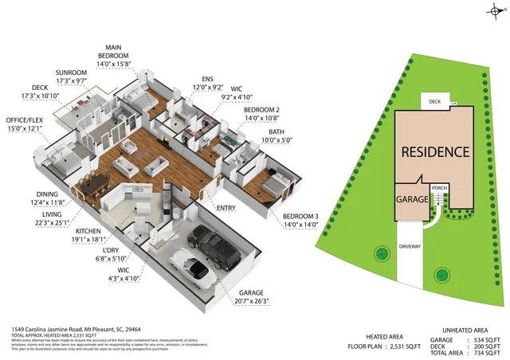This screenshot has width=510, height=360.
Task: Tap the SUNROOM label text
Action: (70, 73)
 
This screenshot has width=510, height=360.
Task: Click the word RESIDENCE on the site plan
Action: (434, 151)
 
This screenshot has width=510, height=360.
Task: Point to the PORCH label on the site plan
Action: (441, 189)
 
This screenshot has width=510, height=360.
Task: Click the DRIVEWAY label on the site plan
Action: (411, 247)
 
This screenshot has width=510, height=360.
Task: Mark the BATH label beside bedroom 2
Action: (277, 131)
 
